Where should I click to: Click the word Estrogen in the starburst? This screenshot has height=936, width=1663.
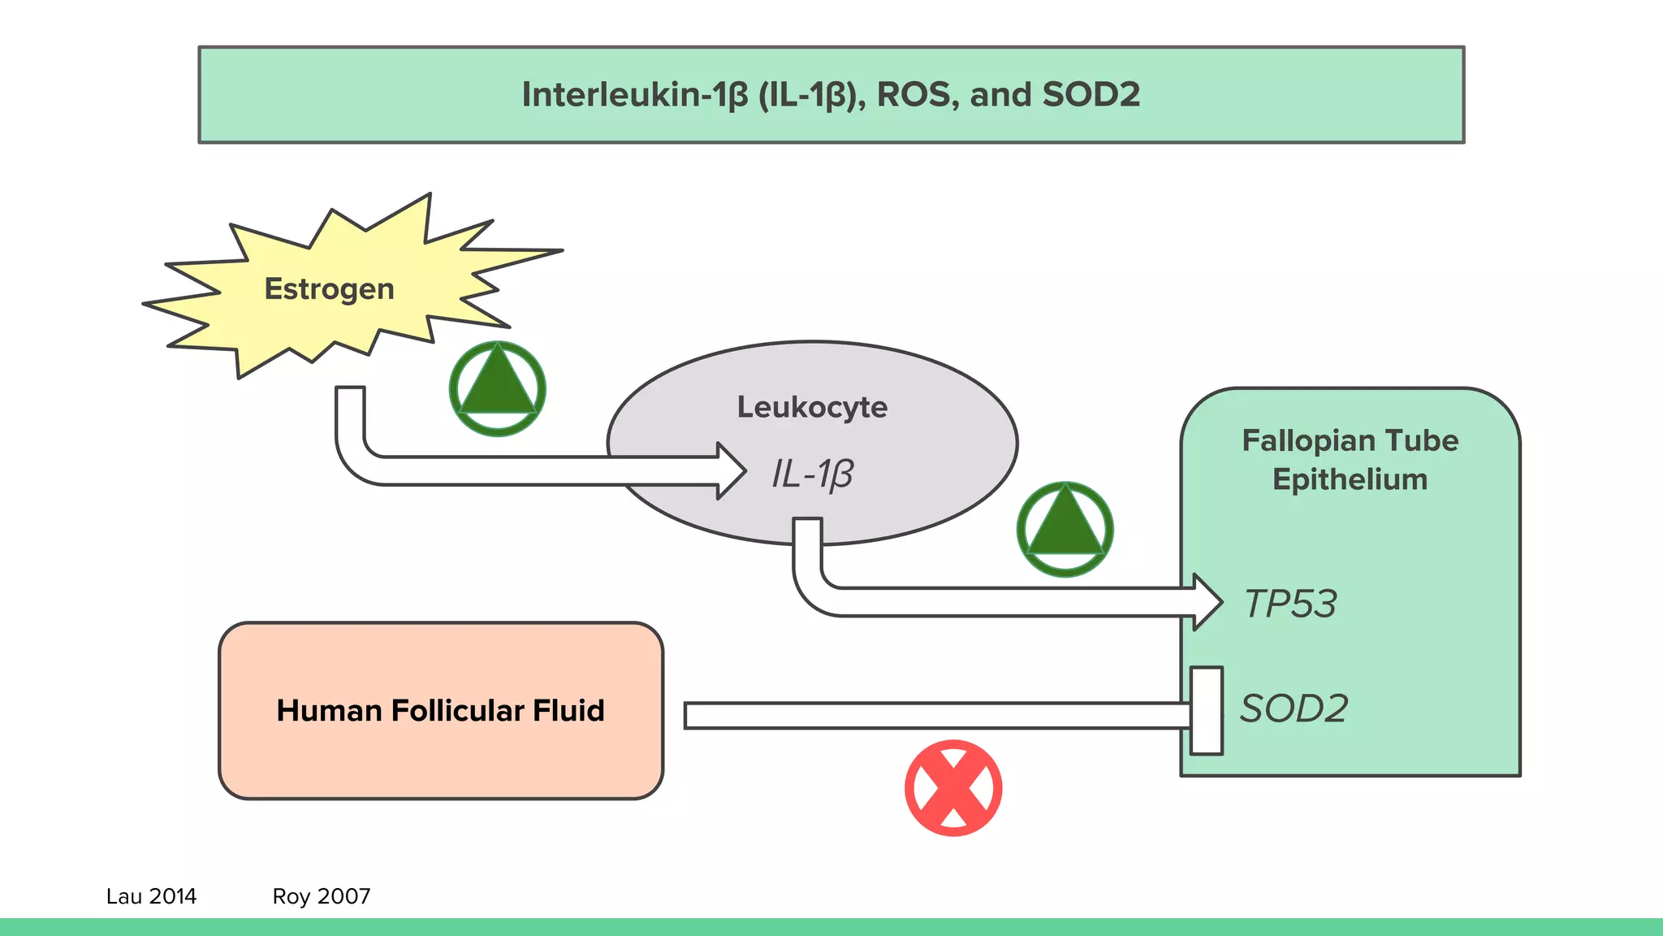[x=329, y=289]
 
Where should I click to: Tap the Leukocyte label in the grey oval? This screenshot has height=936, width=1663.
[x=812, y=407]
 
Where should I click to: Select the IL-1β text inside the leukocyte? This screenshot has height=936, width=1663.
[x=812, y=474]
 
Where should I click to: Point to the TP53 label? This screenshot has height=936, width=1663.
[x=1290, y=604]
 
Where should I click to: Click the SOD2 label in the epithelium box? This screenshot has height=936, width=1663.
[x=1294, y=708]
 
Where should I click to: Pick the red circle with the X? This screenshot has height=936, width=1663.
[x=953, y=788]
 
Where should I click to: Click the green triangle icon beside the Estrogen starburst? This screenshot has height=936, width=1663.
[x=497, y=389]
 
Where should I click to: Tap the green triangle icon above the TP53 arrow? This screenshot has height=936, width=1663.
[x=1065, y=530]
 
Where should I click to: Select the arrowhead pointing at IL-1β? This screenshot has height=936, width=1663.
[x=731, y=471]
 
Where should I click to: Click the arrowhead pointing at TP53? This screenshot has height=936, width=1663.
[x=1207, y=602]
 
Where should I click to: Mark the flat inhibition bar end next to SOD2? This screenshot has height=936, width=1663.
[x=1207, y=711]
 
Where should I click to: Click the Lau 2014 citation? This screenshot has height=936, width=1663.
[x=151, y=896]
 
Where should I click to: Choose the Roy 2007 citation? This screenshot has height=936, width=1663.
[x=322, y=896]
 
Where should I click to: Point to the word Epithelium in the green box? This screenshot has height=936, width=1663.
[x=1350, y=479]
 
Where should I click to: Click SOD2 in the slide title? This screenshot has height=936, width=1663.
[x=1091, y=95]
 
